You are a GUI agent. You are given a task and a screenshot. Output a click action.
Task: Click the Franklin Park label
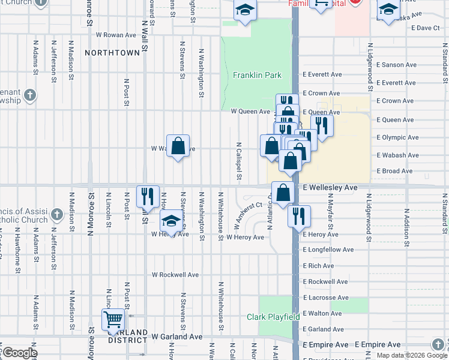(258, 75)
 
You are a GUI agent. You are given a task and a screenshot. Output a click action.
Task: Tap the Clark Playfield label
(273, 317)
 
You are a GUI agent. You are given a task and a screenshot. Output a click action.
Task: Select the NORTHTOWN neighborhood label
(112, 53)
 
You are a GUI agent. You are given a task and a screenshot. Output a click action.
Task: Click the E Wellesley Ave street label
(330, 187)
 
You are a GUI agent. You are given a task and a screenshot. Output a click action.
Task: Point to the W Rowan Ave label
(115, 35)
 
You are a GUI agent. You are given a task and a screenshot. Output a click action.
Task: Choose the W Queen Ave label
(250, 111)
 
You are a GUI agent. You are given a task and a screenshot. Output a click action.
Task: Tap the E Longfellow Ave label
(328, 250)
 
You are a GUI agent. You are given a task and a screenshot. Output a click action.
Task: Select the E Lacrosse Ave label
(325, 298)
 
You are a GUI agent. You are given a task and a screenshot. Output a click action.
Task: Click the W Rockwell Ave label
(175, 275)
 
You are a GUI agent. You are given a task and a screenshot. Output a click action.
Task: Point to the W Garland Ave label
(177, 337)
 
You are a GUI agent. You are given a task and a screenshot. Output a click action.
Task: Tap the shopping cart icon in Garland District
(113, 319)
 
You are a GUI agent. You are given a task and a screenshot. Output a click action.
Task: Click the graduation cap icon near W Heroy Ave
(172, 222)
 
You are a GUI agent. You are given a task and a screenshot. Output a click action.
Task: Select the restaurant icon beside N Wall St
(148, 196)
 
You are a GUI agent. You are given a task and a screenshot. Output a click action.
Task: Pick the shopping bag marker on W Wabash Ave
(178, 146)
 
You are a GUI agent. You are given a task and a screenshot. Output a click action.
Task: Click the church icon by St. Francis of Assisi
(56, 214)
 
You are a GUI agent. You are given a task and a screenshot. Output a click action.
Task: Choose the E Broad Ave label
(394, 171)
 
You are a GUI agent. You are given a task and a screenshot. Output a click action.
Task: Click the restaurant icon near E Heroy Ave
(298, 215)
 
